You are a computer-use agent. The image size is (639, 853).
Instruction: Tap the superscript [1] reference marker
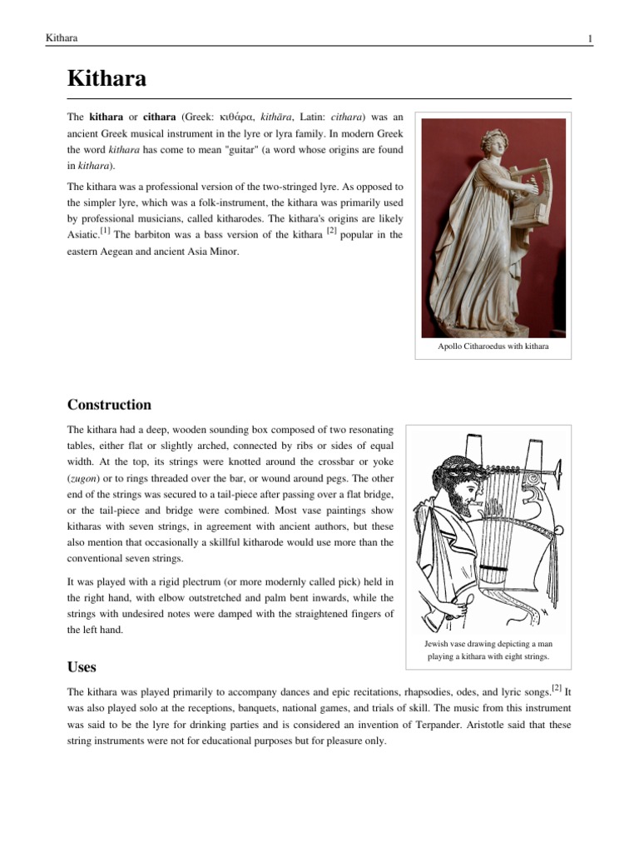pyautogui.click(x=105, y=232)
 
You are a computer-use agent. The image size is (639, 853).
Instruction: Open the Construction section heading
pyautogui.click(x=109, y=405)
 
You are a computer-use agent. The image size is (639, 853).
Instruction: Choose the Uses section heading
pyautogui.click(x=81, y=667)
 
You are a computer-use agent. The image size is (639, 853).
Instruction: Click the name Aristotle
pyautogui.click(x=473, y=725)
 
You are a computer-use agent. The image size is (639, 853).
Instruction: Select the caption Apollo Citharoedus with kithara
pyautogui.click(x=493, y=345)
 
